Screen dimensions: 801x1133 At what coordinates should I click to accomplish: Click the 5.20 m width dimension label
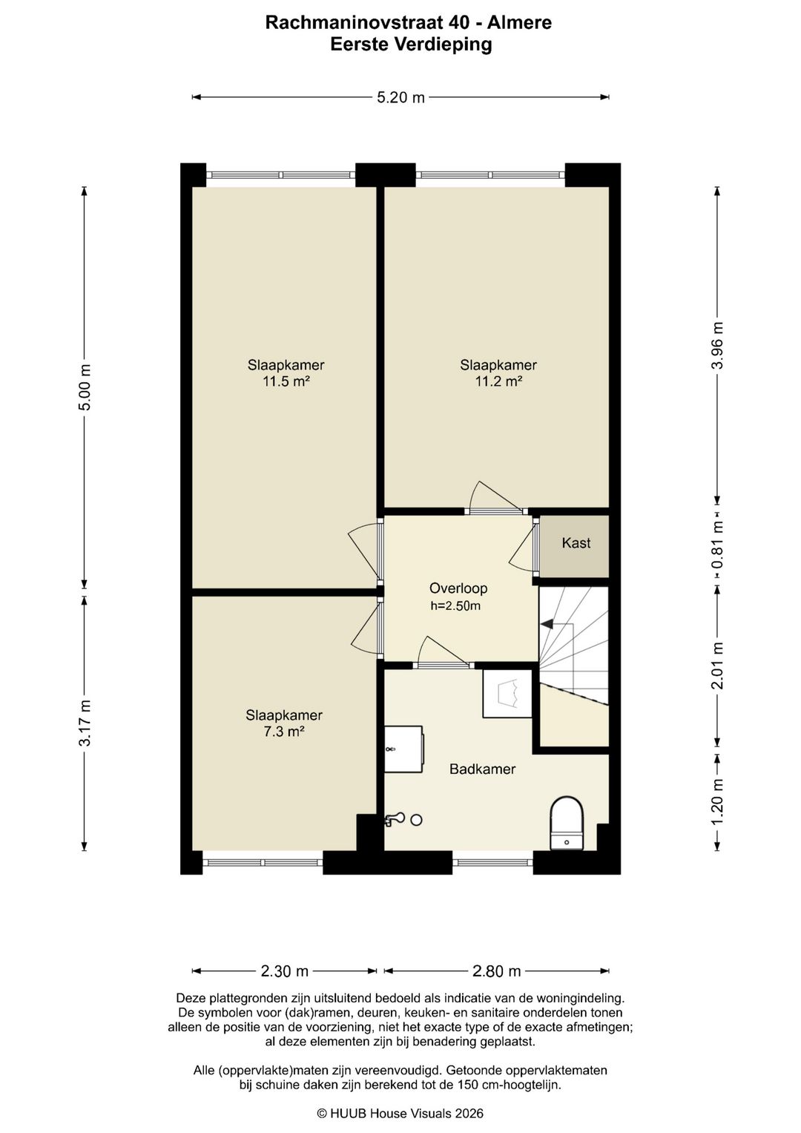click(x=400, y=97)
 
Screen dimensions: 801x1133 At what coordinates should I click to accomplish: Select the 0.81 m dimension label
click(x=718, y=548)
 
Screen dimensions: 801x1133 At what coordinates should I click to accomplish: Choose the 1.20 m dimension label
click(x=718, y=804)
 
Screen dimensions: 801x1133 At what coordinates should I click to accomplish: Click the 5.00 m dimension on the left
click(x=85, y=387)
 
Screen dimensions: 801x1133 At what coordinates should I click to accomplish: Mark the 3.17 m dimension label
click(x=85, y=723)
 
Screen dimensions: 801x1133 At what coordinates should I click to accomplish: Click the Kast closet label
click(x=576, y=543)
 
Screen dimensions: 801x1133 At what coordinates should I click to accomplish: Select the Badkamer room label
click(x=482, y=769)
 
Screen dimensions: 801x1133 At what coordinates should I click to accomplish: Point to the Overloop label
click(x=458, y=588)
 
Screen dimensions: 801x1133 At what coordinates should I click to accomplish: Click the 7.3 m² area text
click(x=283, y=732)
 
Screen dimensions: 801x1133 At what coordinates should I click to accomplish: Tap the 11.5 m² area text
click(x=286, y=381)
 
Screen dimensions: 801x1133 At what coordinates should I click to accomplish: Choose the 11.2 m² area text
click(x=498, y=381)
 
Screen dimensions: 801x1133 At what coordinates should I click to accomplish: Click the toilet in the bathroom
click(x=567, y=824)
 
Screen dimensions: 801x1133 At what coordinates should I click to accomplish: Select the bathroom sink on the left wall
click(x=403, y=749)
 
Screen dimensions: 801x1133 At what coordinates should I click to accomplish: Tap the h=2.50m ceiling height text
click(x=455, y=606)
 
